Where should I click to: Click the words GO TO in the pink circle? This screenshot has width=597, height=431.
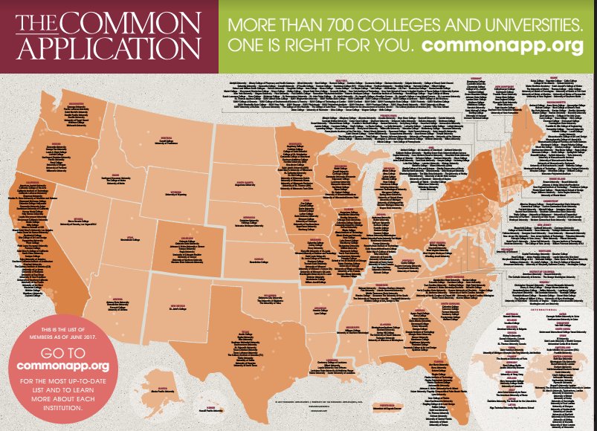pos(63,352)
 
